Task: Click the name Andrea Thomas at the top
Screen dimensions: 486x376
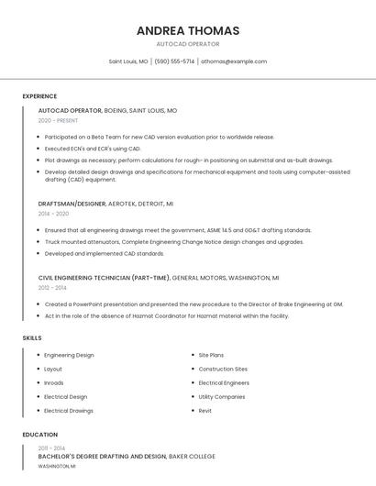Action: coord(188,30)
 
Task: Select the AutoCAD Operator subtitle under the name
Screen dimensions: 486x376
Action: coord(188,44)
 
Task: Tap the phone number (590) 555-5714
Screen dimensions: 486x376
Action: coord(174,61)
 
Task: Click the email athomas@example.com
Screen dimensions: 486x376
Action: coord(234,61)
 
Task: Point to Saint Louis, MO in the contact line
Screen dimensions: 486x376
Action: coord(128,61)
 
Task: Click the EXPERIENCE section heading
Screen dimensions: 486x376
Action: coord(39,96)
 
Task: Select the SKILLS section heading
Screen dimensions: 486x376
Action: coord(32,338)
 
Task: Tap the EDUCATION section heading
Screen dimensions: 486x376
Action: coord(40,435)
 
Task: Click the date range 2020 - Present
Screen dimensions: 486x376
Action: coord(58,120)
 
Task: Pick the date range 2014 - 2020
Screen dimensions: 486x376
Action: coord(53,213)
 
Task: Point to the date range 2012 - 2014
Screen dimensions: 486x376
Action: coord(53,287)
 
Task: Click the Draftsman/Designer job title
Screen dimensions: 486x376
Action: coord(72,204)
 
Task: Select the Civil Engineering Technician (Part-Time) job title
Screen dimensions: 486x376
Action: coord(104,277)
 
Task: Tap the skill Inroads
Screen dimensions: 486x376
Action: coord(54,382)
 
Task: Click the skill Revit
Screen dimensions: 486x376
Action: coord(205,411)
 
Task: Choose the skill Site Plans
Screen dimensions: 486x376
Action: coord(211,355)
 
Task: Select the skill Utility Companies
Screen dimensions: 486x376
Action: coord(222,397)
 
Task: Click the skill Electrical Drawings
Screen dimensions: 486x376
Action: coord(69,411)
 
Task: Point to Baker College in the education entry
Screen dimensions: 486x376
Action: coord(193,456)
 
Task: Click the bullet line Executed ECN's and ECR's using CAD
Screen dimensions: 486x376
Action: coord(93,148)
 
